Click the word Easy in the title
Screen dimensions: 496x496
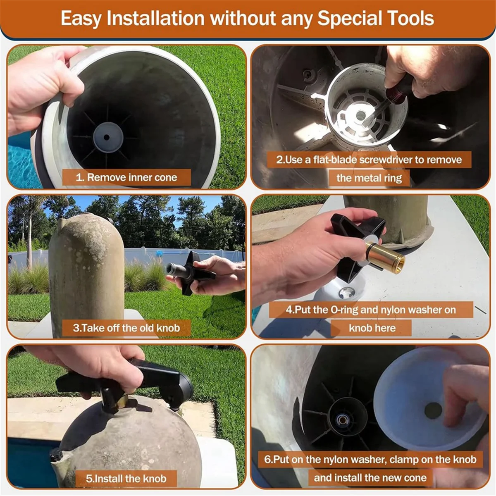point(81,19)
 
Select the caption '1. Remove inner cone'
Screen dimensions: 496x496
point(126,178)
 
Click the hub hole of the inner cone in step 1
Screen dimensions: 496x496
point(107,137)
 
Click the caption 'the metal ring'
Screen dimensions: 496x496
point(369,178)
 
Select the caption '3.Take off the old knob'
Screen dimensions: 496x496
point(126,328)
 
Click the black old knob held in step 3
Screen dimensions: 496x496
point(189,273)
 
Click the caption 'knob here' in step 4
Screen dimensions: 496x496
point(372,328)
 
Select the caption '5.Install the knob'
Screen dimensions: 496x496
point(126,479)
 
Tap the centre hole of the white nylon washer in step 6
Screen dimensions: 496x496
point(433,410)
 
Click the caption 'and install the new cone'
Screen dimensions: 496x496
point(370,478)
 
